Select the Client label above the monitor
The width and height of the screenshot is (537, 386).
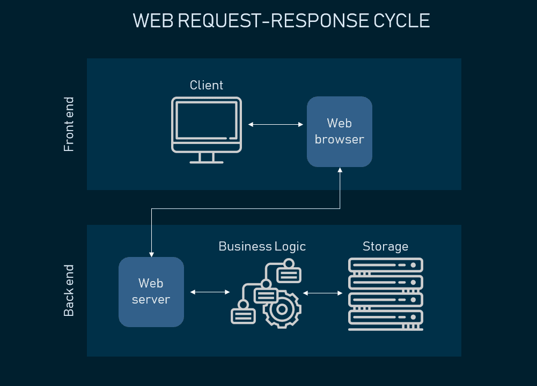point(207,85)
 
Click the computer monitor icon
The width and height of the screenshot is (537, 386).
point(207,123)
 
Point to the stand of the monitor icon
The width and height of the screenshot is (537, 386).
point(207,158)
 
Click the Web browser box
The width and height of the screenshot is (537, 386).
point(339,132)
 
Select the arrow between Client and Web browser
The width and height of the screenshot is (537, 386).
point(276,125)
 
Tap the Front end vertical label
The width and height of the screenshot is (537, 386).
point(69,124)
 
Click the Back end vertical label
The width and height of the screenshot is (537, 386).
point(69,290)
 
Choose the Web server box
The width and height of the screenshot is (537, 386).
point(151,292)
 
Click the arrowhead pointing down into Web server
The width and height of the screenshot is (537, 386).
point(152,253)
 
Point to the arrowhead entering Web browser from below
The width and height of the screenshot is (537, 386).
point(340,170)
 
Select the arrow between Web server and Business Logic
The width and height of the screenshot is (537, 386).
point(210,292)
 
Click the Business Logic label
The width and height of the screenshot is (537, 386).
point(262,246)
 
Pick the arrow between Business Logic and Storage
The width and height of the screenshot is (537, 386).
point(323,293)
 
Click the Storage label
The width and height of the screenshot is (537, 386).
point(385,246)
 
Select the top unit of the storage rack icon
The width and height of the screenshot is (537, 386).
point(385,265)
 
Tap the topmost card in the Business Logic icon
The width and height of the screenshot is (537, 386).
point(289,273)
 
